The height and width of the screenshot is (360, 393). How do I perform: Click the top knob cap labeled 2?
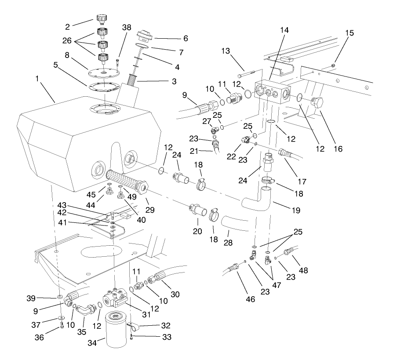[x=102, y=19]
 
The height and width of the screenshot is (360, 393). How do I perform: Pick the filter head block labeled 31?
[x=114, y=296]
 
